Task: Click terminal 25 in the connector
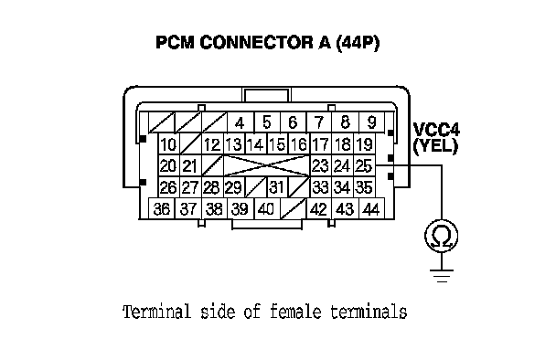click(364, 165)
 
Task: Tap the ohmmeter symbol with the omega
click(442, 236)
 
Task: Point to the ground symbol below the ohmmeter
click(442, 276)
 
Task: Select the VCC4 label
click(436, 130)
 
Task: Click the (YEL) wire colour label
click(436, 146)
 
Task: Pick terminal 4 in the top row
click(241, 122)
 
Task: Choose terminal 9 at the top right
click(371, 122)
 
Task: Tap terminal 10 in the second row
click(169, 144)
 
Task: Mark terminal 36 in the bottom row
click(162, 208)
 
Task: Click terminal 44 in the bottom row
click(371, 208)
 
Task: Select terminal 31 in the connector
click(277, 186)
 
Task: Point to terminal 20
click(169, 165)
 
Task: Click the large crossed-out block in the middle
click(267, 165)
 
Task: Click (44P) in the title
click(357, 43)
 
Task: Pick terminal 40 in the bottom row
click(267, 208)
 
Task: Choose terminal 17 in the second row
click(321, 144)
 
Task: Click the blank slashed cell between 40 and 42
click(294, 208)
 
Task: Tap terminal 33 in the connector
click(321, 186)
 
